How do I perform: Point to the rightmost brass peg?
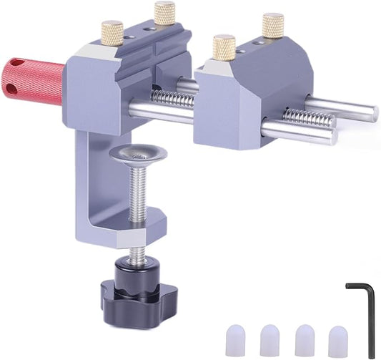[x=272, y=25]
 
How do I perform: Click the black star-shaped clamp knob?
[x=133, y=291]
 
